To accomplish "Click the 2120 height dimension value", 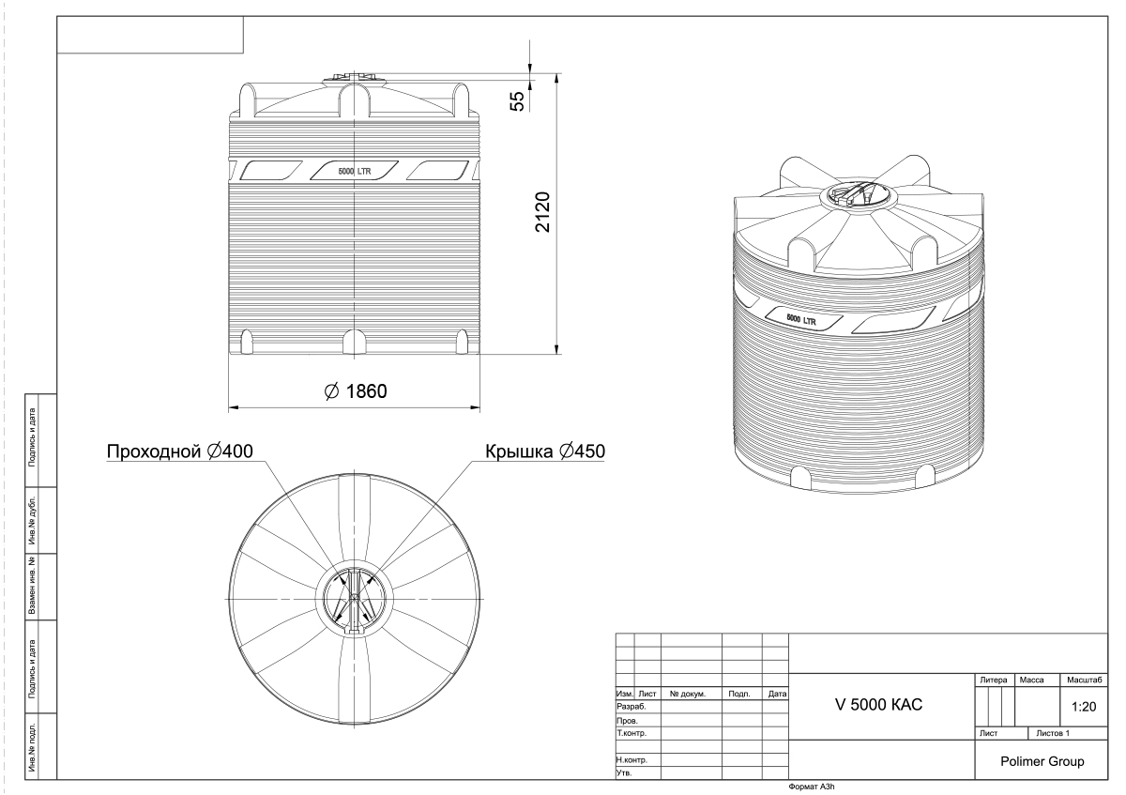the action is (x=543, y=212).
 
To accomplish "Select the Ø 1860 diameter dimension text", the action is (x=356, y=391).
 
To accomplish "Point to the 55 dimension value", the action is (x=517, y=100).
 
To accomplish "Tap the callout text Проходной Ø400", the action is (x=180, y=451).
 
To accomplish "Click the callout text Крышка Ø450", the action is (x=545, y=451).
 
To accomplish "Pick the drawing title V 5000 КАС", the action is (x=878, y=705).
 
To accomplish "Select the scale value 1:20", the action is (x=1083, y=707).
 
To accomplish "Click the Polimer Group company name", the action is (x=1042, y=761).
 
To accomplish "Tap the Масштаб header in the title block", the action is (x=1085, y=680).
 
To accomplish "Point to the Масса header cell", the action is (x=1031, y=680).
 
